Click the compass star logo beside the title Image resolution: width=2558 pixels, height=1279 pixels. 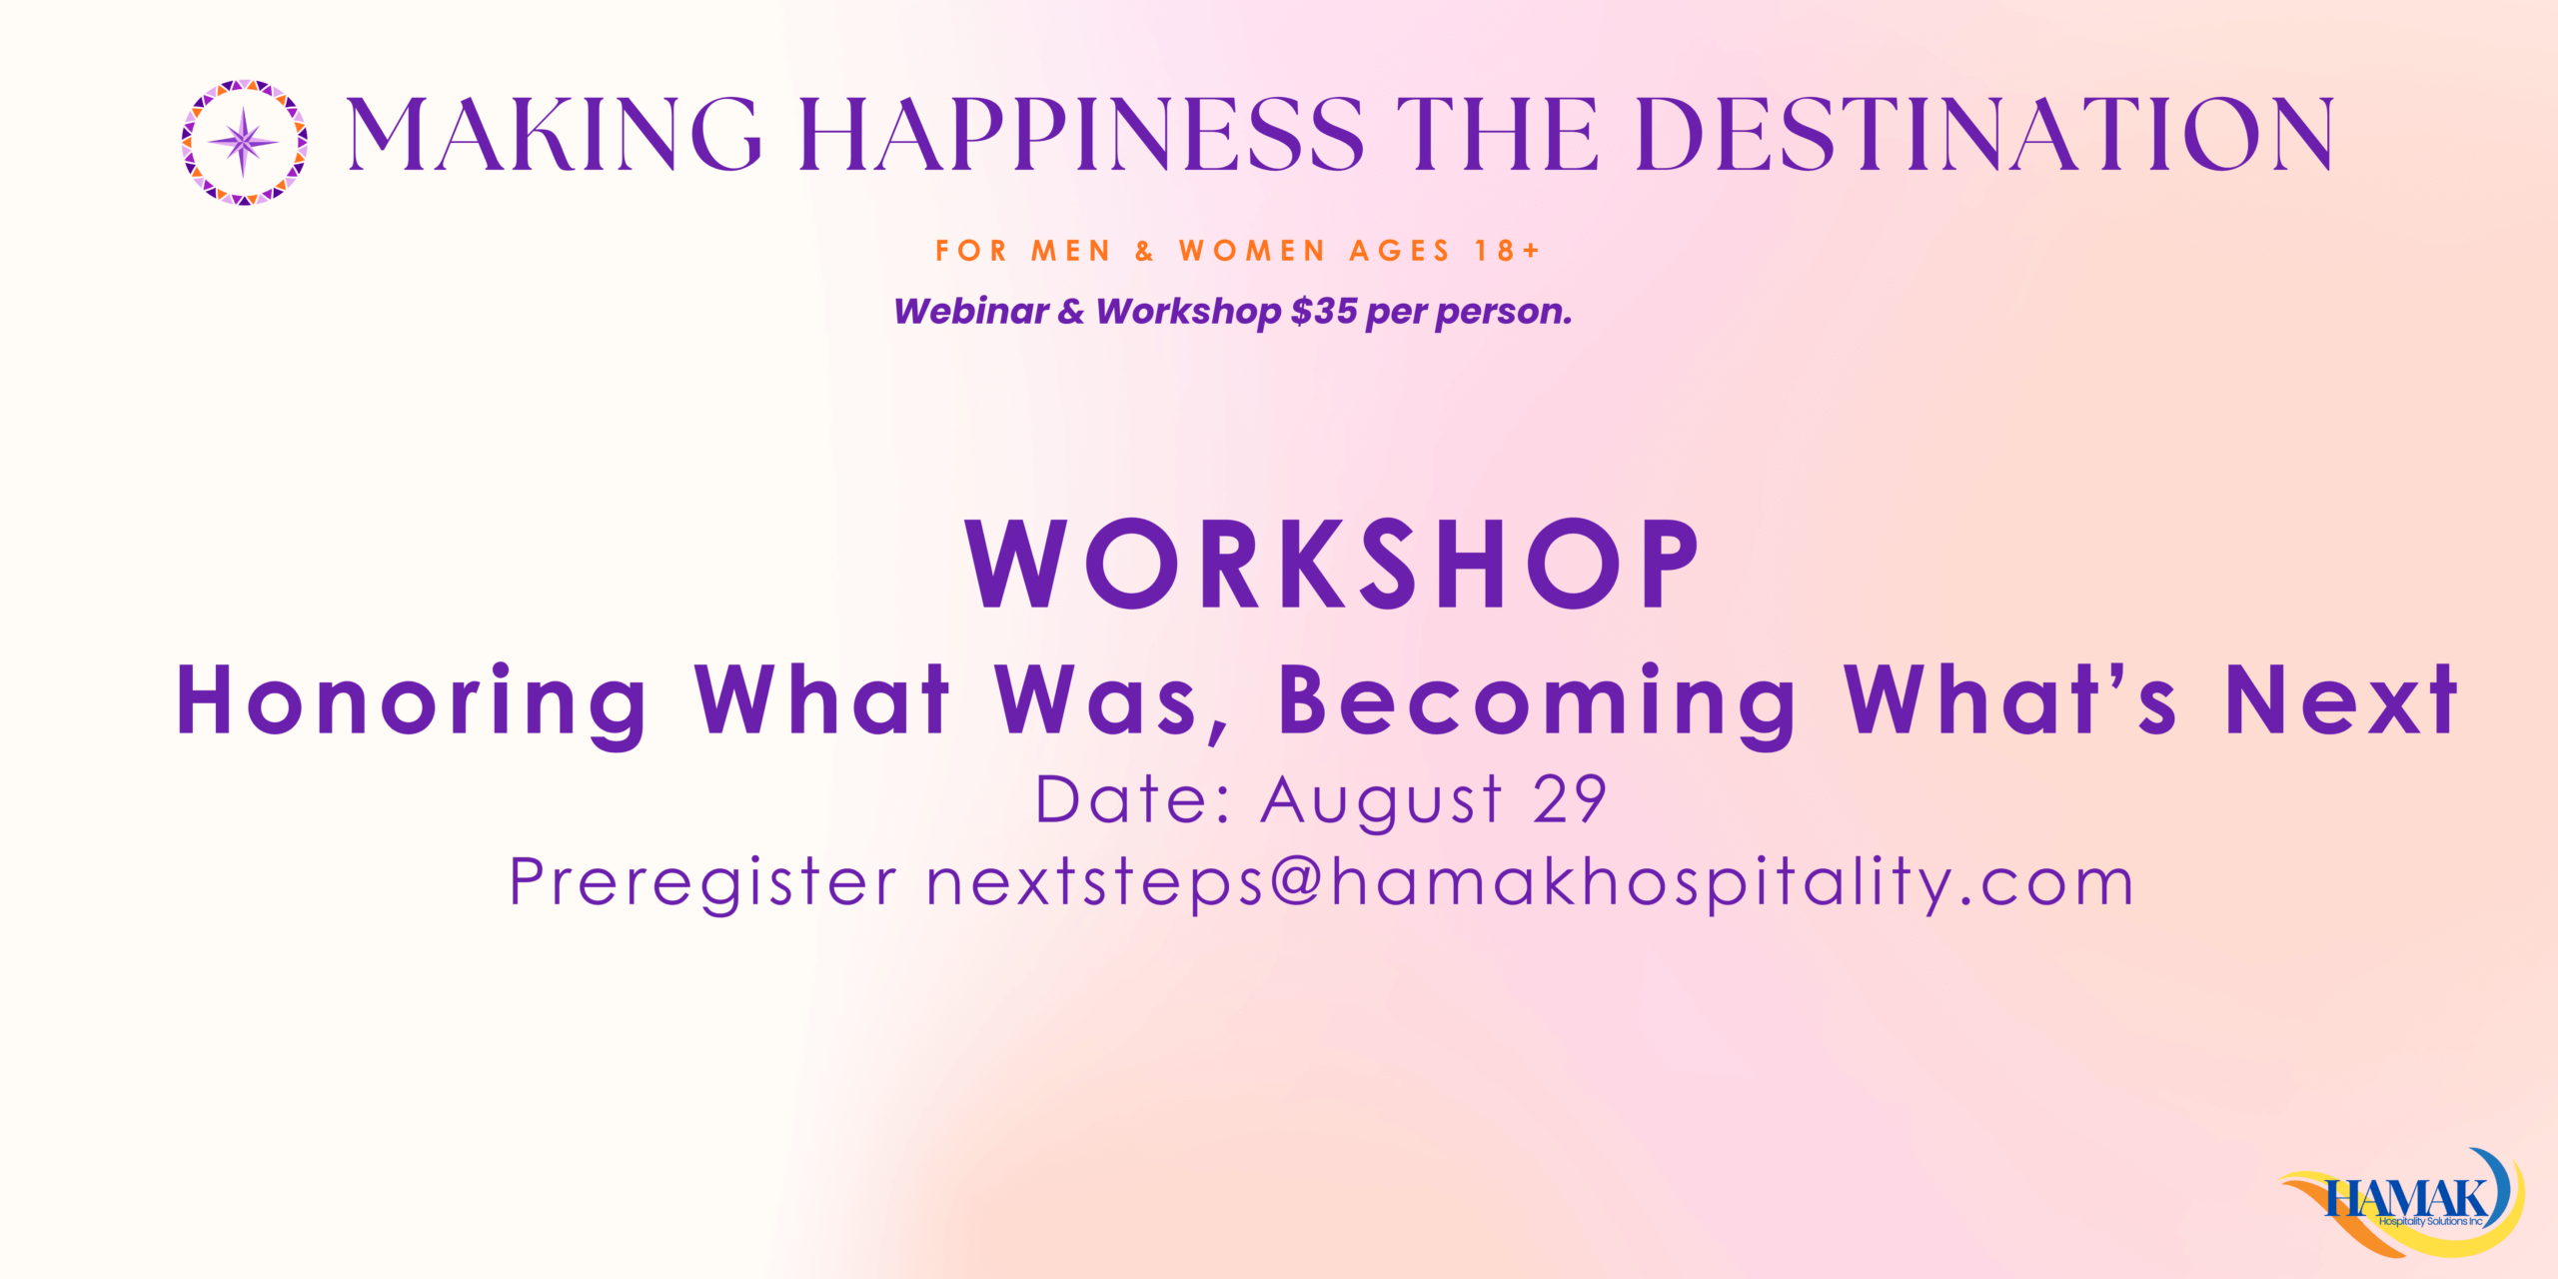245,143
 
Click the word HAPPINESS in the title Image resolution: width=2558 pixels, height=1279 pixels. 1082,134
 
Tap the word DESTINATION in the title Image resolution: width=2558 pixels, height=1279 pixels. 1984,134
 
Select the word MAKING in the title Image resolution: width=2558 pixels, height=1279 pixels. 555,134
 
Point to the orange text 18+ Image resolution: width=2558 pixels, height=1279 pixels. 1508,251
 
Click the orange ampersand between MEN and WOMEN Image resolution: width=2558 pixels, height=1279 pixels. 1145,251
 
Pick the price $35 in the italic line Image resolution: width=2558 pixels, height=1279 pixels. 1324,312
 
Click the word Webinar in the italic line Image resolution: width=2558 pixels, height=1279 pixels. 971,312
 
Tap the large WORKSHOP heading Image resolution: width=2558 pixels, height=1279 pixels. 1332,564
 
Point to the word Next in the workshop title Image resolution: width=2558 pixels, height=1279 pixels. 2341,701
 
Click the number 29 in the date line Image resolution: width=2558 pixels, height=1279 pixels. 1569,799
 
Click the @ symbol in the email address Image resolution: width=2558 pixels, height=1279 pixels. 1297,882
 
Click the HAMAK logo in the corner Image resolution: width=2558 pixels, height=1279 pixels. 2404,1202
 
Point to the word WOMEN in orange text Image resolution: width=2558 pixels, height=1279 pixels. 1252,251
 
